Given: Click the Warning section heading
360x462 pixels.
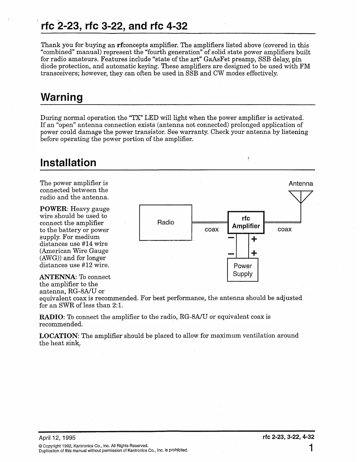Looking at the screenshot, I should point(61,97).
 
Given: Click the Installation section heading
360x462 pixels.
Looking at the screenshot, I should point(68,162).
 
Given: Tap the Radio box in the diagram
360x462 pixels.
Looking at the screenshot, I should point(165,222).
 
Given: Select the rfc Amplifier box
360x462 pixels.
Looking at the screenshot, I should point(246,222).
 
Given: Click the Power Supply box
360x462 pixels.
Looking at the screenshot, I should point(242,270).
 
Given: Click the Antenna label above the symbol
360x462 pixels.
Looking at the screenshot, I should point(300,183).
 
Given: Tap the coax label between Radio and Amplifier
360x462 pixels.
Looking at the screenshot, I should point(212,230).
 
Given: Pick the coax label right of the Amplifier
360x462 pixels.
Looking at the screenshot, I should point(284,230).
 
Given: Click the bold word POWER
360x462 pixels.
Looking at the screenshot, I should point(54,209).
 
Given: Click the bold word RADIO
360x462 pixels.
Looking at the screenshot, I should point(51,317).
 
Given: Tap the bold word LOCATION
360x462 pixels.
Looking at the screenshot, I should point(59,336).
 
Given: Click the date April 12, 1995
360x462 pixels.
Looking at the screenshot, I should point(57,437).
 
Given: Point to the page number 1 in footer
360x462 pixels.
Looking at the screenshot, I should point(311,448).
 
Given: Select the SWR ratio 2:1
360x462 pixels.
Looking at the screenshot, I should point(118,305).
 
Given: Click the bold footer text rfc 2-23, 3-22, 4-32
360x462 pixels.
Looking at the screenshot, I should point(288,437).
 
